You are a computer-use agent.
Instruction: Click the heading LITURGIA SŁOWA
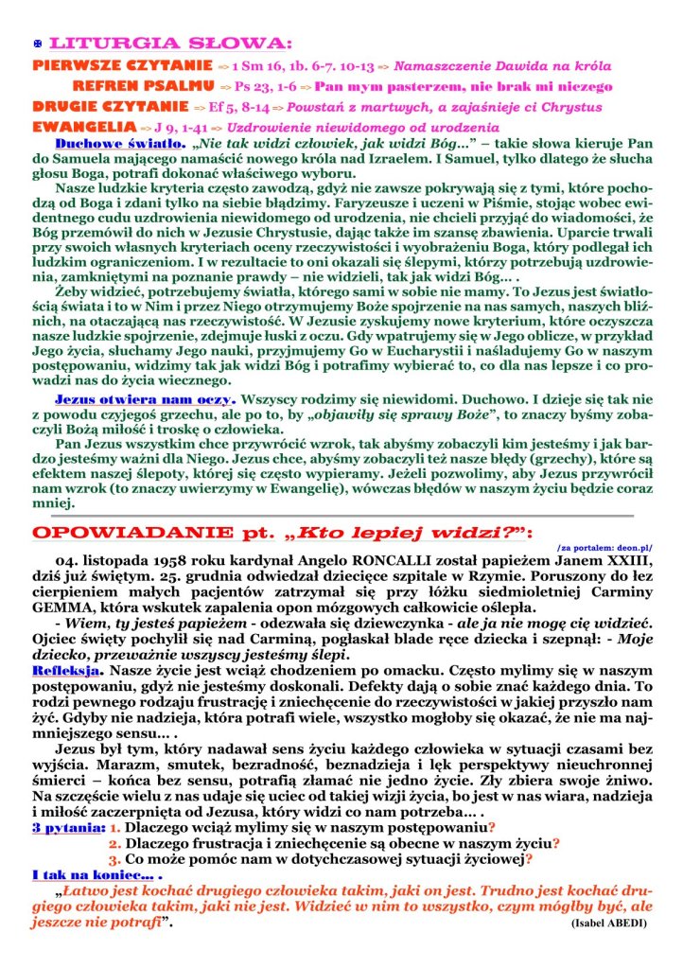point(170,44)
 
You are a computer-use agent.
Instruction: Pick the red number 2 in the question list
point(114,842)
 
